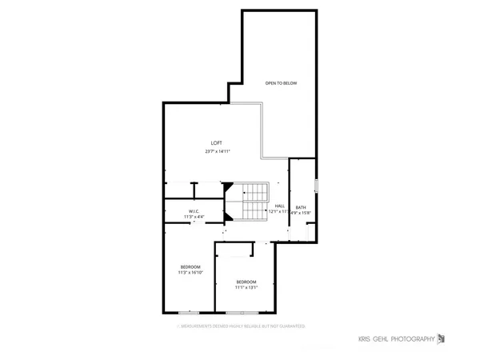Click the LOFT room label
point(216,142)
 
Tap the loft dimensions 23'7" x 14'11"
point(217,150)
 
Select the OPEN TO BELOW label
point(282,82)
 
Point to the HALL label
point(280,206)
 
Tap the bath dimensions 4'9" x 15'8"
point(301,212)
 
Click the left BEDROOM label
point(190,266)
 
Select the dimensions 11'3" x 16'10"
point(190,273)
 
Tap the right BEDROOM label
point(246,282)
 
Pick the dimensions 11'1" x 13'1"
point(246,288)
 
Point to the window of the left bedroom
point(190,311)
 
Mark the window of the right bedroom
point(237,311)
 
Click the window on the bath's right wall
point(317,186)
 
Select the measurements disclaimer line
point(242,326)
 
